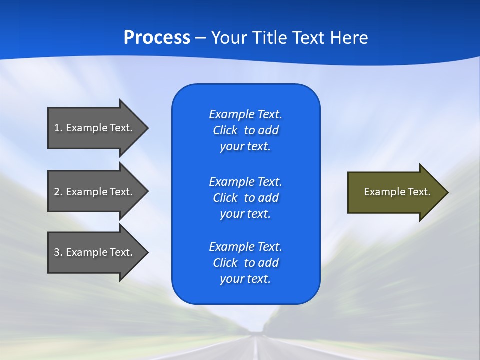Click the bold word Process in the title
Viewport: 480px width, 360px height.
point(157,38)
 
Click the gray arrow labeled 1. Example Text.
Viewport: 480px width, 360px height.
point(95,128)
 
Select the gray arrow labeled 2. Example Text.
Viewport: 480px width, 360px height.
point(95,192)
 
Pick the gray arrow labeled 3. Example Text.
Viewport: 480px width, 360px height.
point(95,252)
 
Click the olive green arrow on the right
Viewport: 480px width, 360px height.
point(395,192)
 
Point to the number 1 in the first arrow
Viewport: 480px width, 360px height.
point(57,128)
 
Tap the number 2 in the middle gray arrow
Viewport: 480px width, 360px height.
point(57,192)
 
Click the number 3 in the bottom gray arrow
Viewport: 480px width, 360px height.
point(57,252)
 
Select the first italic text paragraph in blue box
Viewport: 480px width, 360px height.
point(245,130)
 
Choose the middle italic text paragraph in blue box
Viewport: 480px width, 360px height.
point(245,198)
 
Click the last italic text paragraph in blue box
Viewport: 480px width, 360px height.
point(245,263)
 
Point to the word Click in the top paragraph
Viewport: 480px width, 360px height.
point(225,130)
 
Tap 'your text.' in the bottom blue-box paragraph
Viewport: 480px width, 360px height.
point(245,279)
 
